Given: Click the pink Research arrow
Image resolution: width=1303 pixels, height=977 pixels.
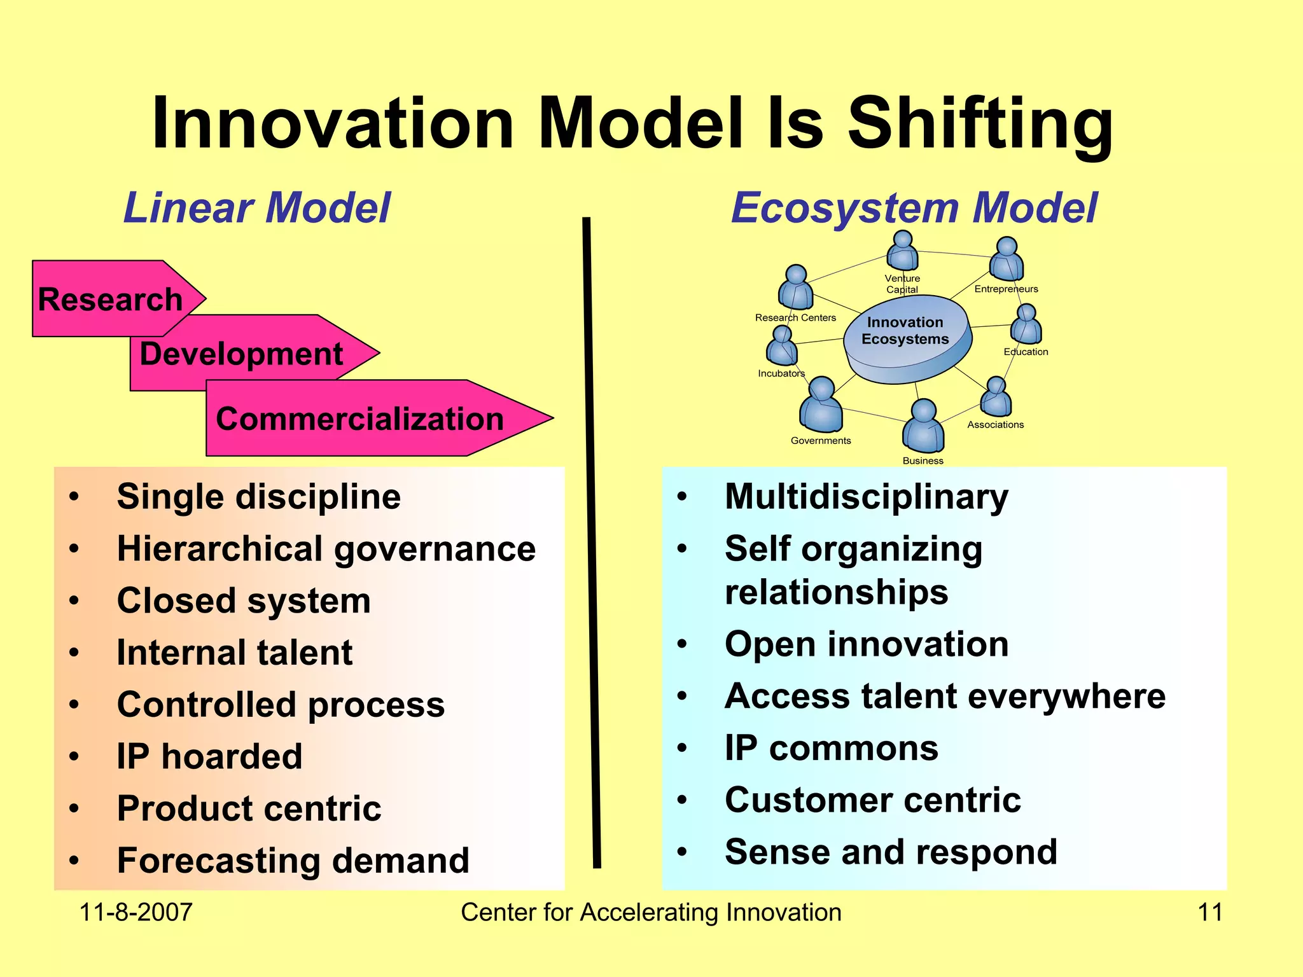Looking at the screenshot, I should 111,299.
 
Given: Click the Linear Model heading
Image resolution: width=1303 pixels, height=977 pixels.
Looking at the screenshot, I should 256,208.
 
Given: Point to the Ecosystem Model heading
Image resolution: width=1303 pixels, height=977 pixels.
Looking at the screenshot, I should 914,208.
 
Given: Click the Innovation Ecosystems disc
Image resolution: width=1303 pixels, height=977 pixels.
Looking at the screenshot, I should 906,340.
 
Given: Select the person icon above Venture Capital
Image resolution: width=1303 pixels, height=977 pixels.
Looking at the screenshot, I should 902,252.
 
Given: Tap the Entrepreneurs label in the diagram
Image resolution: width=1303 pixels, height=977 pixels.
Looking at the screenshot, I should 1006,289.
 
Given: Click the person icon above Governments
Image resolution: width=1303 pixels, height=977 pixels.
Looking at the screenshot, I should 821,405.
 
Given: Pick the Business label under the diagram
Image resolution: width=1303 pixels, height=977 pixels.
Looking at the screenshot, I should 923,461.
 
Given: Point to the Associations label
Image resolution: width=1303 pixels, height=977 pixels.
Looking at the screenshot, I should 995,424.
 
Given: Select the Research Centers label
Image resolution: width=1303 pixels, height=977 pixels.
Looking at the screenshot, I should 795,317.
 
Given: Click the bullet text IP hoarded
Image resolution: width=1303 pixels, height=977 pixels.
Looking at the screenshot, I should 209,756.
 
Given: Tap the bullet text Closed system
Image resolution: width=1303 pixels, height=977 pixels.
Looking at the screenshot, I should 244,600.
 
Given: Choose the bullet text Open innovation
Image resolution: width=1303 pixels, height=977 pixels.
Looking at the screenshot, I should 867,644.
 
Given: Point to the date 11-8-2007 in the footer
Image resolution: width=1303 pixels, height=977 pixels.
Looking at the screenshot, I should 136,912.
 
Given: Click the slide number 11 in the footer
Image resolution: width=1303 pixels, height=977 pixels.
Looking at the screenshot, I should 1209,912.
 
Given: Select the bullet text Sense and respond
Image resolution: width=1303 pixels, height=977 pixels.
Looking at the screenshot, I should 891,852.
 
